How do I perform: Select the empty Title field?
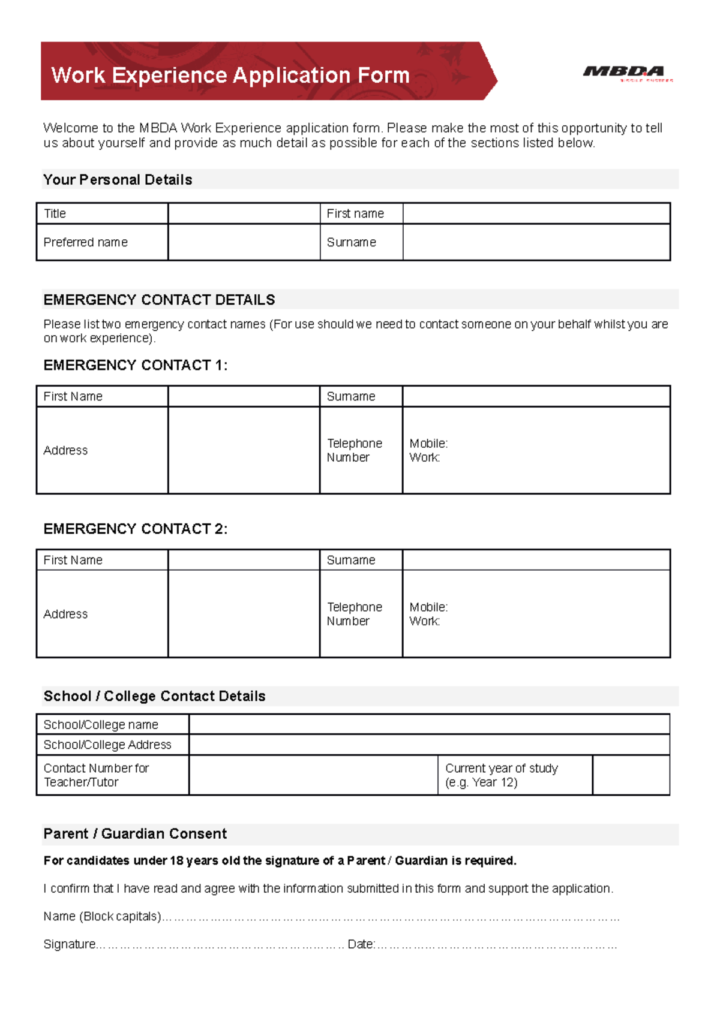pos(244,213)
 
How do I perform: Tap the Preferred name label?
pos(85,242)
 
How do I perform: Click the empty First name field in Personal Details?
pos(536,213)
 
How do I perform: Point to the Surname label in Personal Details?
pos(351,242)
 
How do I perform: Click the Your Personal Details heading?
pos(118,180)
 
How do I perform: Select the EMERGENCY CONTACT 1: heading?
pos(135,365)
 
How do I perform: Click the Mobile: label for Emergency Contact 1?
pos(428,443)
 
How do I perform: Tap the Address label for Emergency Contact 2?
pos(65,614)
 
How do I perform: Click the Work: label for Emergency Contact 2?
pos(424,621)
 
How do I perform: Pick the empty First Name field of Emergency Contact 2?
pos(244,560)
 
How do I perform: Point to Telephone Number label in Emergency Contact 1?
pos(354,450)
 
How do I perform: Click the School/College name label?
pos(101,724)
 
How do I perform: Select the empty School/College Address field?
pos(429,745)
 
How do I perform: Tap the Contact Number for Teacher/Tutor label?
pos(96,775)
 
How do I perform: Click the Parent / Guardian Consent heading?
pos(135,834)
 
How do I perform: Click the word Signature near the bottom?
pos(69,944)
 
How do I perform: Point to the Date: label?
pos(361,944)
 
